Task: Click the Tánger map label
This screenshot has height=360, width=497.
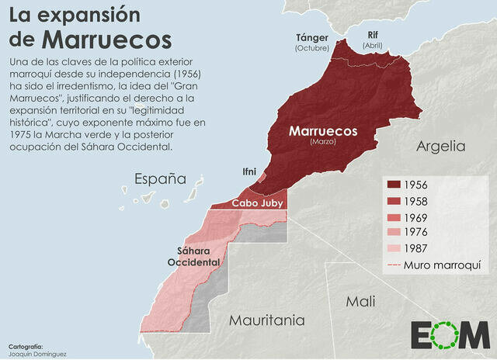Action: click(x=312, y=37)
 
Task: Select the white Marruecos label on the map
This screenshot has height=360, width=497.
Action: click(x=323, y=131)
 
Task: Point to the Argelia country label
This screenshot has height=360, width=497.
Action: click(x=440, y=146)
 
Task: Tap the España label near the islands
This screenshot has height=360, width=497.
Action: click(x=161, y=179)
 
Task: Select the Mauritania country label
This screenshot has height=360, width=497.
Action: click(x=266, y=320)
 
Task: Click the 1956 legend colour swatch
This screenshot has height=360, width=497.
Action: click(x=392, y=185)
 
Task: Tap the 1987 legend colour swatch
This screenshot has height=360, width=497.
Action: click(x=392, y=249)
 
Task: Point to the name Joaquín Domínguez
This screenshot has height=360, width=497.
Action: click(x=36, y=354)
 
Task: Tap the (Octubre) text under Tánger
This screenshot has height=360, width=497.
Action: click(x=312, y=48)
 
